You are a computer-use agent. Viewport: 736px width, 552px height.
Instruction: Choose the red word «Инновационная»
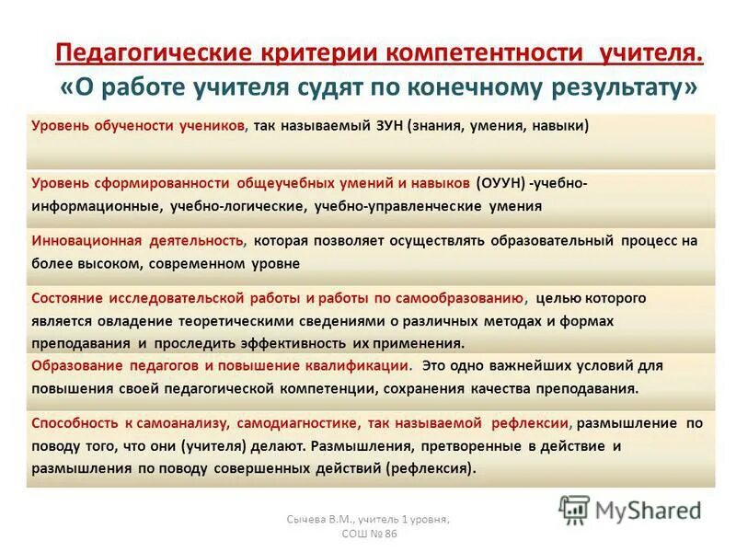tap(86, 241)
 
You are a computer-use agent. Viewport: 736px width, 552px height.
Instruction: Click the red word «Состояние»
tap(67, 299)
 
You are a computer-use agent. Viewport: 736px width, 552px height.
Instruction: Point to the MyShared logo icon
tap(574, 509)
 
